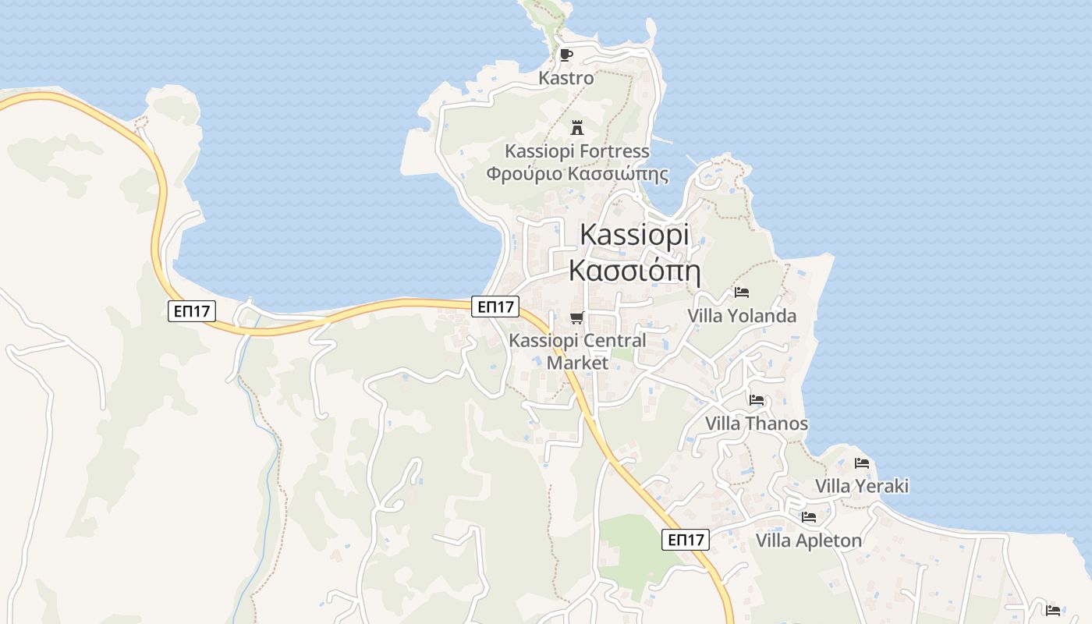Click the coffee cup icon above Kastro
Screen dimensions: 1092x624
click(x=566, y=55)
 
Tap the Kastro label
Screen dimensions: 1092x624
click(x=566, y=78)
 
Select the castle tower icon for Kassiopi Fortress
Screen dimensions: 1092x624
click(x=577, y=127)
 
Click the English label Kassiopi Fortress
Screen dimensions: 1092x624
click(x=577, y=151)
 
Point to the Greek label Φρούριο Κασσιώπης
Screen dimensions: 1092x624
click(x=577, y=173)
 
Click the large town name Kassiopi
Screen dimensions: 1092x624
click(x=634, y=235)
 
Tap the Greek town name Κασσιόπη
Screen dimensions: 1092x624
click(x=634, y=271)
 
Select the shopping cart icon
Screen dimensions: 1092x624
click(x=577, y=317)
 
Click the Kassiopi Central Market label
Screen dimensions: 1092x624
click(x=577, y=351)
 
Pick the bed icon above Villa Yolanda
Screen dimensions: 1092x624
click(x=742, y=292)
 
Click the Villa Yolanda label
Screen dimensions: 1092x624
click(x=742, y=315)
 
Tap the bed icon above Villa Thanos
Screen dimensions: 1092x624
click(x=757, y=400)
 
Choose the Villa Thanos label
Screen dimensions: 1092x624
click(x=757, y=424)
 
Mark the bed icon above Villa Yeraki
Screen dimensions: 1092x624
click(x=862, y=463)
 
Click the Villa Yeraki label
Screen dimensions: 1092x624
click(x=862, y=486)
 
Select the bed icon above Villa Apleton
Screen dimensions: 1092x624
click(x=809, y=517)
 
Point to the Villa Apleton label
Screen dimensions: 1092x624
click(x=809, y=541)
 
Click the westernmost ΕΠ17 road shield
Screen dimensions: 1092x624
click(x=192, y=311)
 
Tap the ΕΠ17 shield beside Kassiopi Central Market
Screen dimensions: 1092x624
click(x=495, y=307)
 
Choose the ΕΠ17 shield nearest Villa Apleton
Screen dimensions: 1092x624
click(x=686, y=539)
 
